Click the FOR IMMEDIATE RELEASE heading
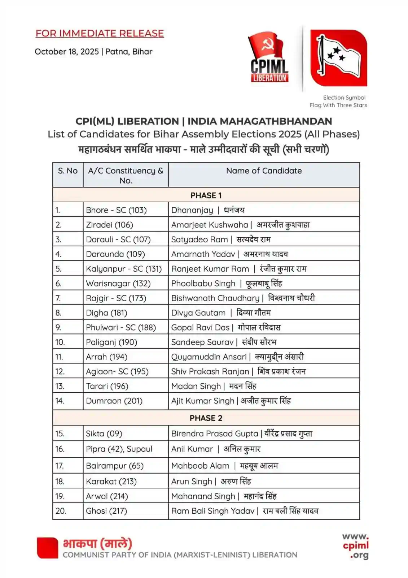pos(100,33)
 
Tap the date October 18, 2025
pos(67,52)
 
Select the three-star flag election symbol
pos(338,58)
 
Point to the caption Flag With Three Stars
pos(338,105)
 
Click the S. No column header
pos(68,171)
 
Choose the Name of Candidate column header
pos(264,171)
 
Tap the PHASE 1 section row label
pos(206,195)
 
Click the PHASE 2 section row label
pos(206,418)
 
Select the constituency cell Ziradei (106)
pos(109,225)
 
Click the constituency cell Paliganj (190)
pos(111,342)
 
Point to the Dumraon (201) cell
pos(114,401)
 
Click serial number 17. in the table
pos(60,466)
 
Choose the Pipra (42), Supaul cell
pos(119,449)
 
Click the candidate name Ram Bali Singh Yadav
pos(213,511)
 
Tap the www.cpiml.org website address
pos(355,546)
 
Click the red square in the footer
pos(47,548)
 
